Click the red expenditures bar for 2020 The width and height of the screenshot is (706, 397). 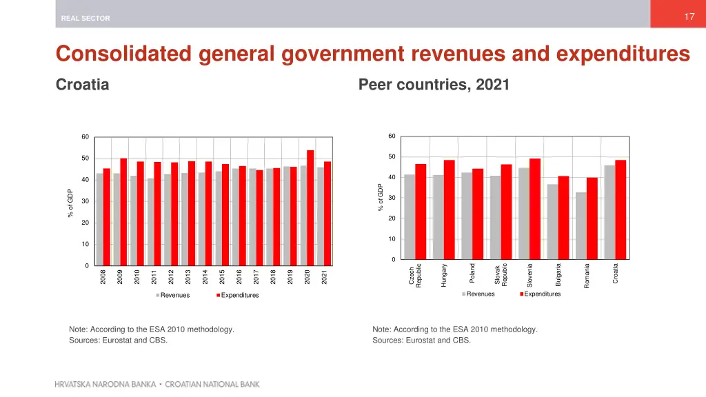310,207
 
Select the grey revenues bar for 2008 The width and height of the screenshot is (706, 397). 99,219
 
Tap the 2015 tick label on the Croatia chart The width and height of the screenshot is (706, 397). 222,276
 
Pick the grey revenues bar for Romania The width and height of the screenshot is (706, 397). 581,225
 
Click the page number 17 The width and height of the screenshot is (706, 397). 689,17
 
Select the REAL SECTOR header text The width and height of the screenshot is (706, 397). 85,19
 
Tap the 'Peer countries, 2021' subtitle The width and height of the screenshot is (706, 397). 434,85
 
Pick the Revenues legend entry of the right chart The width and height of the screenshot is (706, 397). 480,294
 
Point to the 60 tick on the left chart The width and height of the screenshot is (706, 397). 85,137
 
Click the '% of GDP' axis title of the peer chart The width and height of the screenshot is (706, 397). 380,198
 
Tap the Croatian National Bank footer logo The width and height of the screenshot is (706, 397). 157,384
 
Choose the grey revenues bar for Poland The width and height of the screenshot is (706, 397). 467,216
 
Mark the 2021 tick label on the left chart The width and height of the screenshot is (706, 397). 324,276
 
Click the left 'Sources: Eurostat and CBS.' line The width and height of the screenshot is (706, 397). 118,340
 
